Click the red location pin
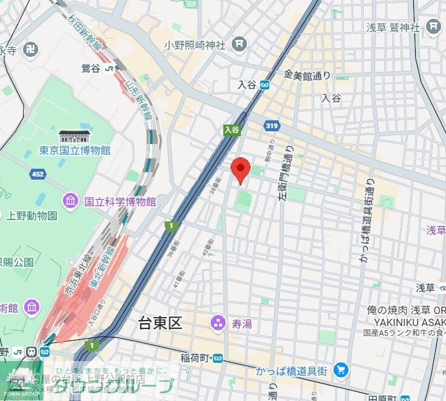coord(241,169)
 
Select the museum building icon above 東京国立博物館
coord(74,136)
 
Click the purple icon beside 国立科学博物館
coord(70,200)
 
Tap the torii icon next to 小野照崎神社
coord(240,44)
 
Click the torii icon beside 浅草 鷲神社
coord(433,26)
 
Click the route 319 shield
coord(271,126)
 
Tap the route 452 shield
coord(38,174)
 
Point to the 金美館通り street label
coord(307,75)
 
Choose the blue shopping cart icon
coord(342,368)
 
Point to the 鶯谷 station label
coord(91,68)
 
